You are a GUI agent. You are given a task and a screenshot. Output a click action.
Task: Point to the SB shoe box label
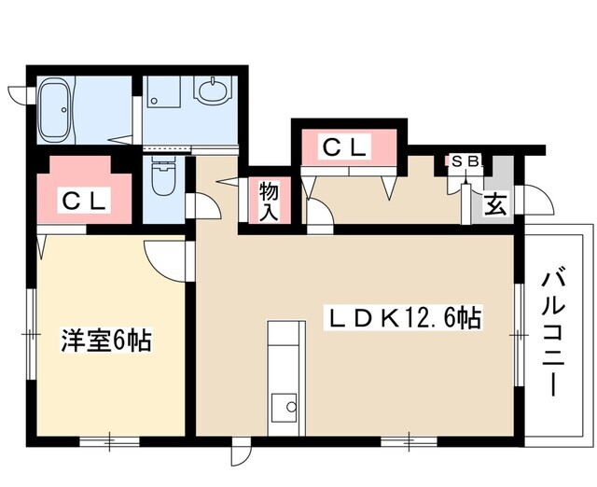pos(465,160)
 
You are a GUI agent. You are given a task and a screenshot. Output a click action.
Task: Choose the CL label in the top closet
pos(346,146)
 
